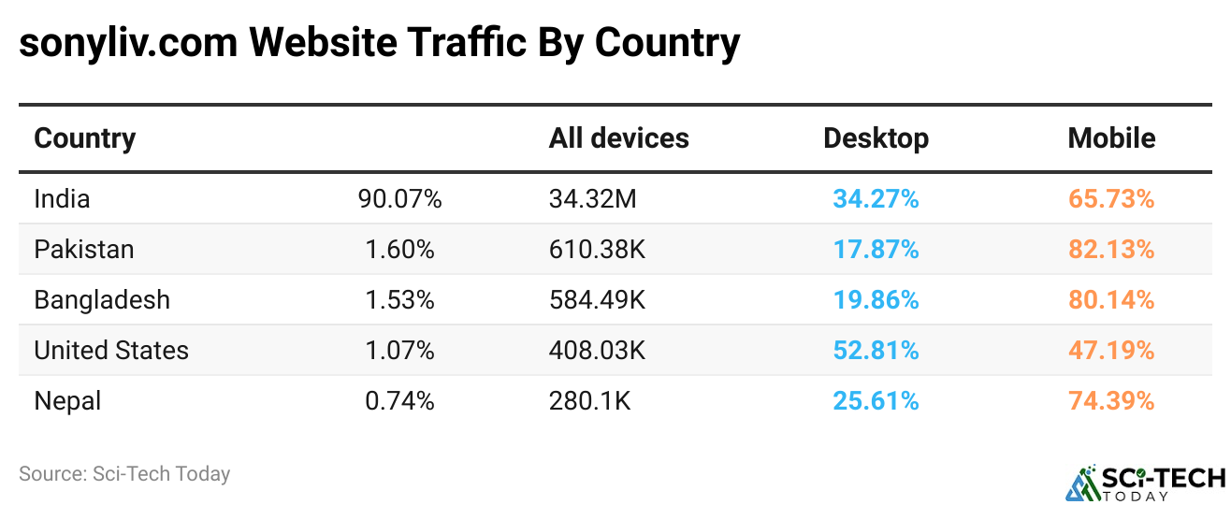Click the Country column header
click(85, 138)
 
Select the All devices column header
click(618, 138)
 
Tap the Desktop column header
click(876, 138)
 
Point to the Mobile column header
click(1111, 138)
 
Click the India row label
click(62, 199)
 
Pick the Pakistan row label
click(84, 250)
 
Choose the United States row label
click(111, 351)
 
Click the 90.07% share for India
click(399, 199)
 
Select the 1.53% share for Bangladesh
click(399, 300)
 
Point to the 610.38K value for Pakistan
click(597, 250)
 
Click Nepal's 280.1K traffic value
click(590, 401)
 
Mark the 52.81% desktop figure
click(876, 351)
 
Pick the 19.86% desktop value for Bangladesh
click(876, 300)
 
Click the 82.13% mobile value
click(1111, 250)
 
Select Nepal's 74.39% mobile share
click(1111, 401)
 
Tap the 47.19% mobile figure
click(1111, 351)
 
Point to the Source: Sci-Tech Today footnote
click(124, 474)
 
